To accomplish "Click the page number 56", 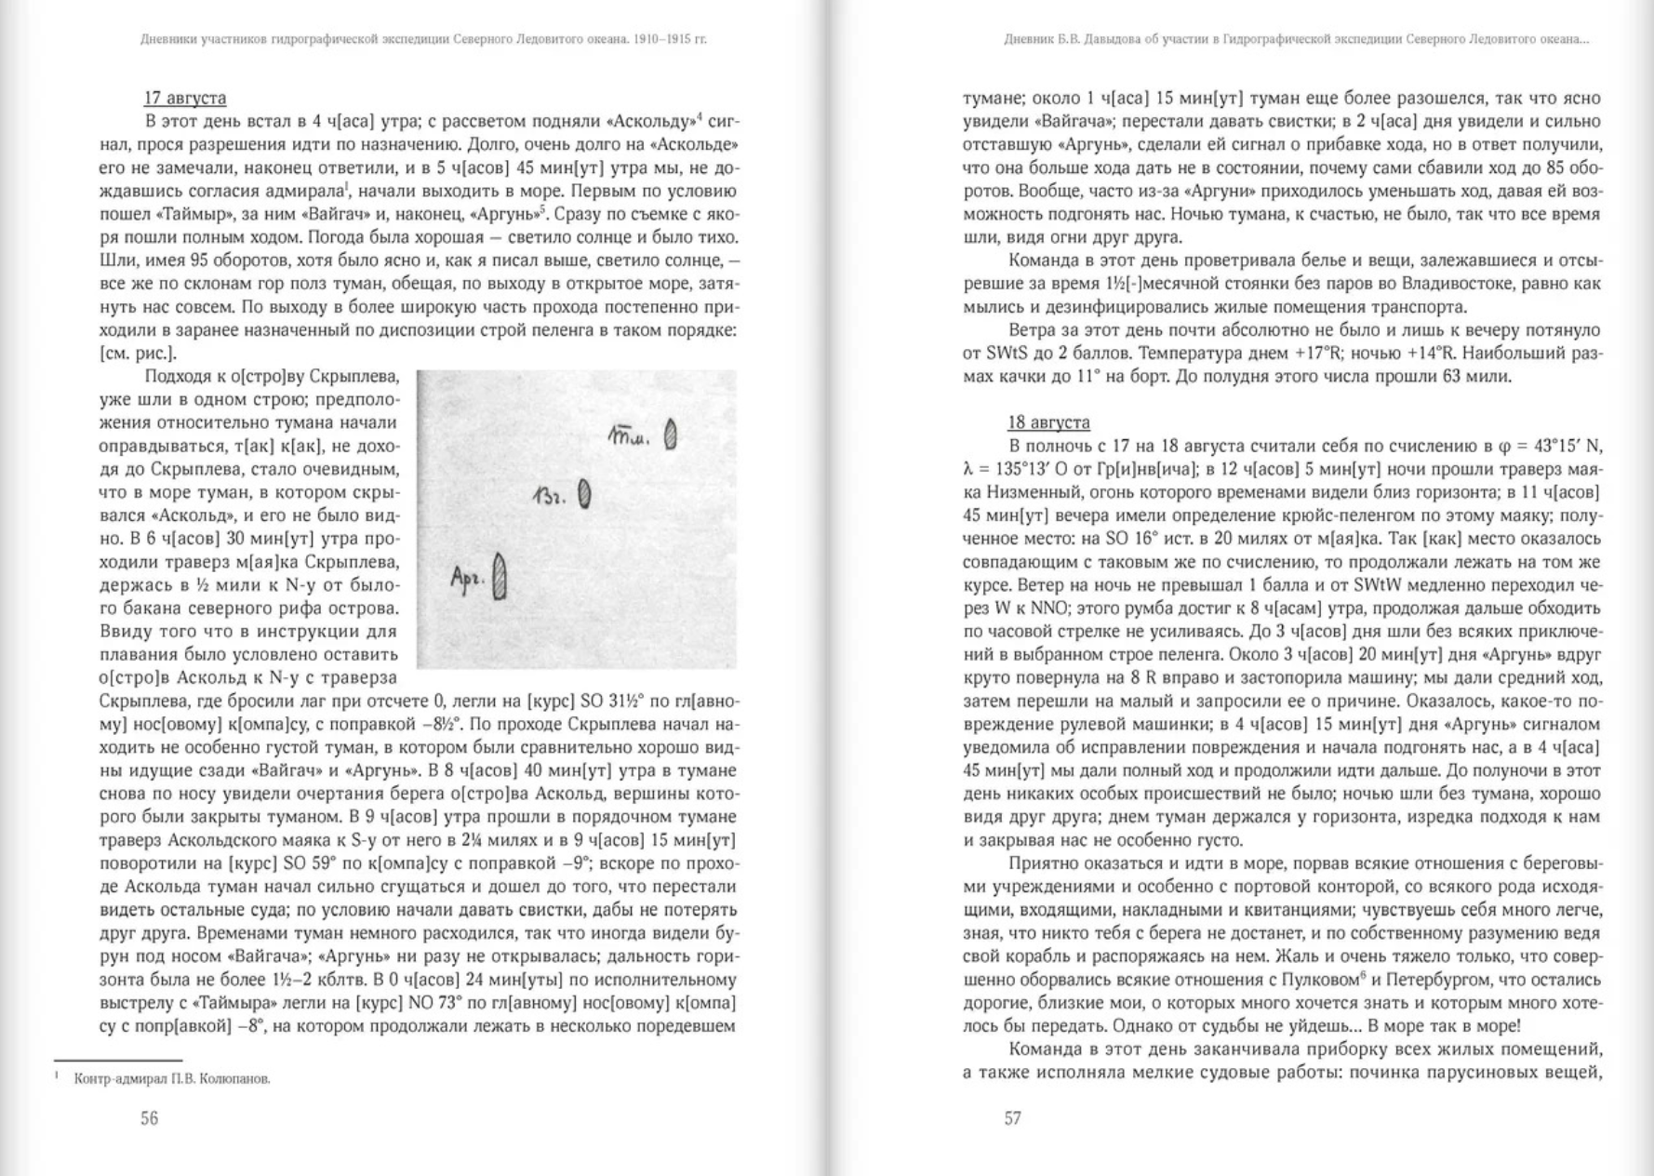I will coord(149,1118).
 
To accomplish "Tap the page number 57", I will coord(1012,1118).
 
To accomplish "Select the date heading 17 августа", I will coord(185,98).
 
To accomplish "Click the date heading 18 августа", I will coord(1048,422).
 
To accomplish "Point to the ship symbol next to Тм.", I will coord(671,435).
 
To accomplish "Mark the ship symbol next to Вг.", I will coord(584,494).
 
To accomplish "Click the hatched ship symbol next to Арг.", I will coord(500,577).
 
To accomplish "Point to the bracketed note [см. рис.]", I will coord(138,354).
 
